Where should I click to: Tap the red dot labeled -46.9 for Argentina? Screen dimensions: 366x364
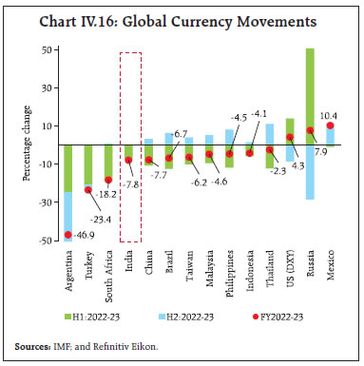(x=68, y=235)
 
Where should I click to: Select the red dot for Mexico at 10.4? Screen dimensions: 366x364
(x=331, y=125)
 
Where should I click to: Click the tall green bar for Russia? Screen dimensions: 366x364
(x=310, y=95)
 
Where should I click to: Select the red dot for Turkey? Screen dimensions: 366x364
(x=88, y=190)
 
